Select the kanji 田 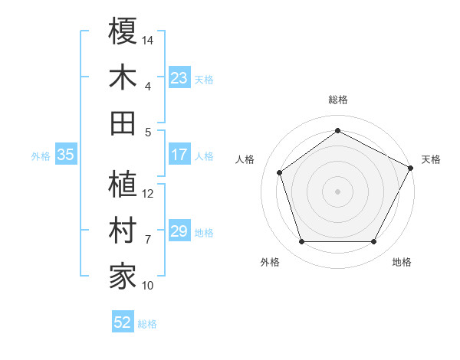[123, 123]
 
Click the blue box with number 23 [179, 77]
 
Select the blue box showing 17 [179, 155]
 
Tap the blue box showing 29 [179, 231]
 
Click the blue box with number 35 [65, 155]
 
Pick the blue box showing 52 [123, 322]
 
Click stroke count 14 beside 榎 [149, 40]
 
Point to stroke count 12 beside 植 [149, 193]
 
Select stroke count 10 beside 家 [149, 286]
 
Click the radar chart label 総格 [338, 100]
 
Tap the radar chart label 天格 [431, 159]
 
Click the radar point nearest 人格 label [280, 172]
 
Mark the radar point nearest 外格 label [301, 242]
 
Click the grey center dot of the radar [337, 191]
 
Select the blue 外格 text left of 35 [41, 155]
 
